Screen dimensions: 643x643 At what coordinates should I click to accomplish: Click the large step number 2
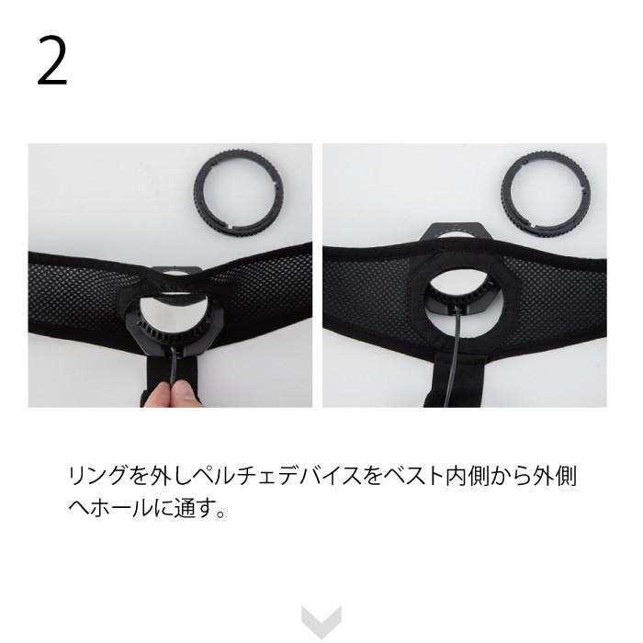coord(52,62)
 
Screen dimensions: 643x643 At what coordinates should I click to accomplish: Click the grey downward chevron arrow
coord(321,621)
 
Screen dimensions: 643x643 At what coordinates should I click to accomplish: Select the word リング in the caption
coord(97,476)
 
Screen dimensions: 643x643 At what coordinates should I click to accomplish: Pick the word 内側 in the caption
coord(468,476)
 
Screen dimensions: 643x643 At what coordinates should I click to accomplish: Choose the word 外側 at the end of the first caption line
coord(554,476)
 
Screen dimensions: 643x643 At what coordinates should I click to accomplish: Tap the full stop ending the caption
coord(220,513)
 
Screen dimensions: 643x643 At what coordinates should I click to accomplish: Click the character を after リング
coord(138,476)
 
